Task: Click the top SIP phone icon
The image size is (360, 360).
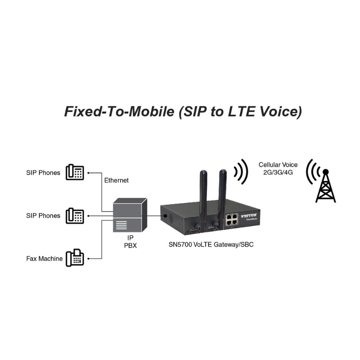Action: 75,172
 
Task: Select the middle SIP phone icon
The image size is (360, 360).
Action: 75,216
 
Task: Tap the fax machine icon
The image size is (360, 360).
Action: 75,258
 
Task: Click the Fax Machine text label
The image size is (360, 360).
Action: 44,259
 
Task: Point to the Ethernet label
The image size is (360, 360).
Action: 117,180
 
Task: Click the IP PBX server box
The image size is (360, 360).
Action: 130,215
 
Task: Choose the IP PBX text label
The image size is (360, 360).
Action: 130,242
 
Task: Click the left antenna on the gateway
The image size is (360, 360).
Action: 203,200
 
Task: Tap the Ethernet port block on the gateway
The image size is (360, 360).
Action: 232,220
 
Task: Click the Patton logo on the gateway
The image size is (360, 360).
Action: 249,216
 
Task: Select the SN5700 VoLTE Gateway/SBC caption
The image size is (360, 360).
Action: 211,244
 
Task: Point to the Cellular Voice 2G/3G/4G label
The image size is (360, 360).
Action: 278,168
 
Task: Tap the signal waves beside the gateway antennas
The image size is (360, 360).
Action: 241,172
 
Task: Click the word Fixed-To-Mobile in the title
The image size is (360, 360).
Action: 119,112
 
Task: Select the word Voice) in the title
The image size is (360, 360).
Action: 281,112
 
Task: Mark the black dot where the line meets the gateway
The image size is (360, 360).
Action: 165,216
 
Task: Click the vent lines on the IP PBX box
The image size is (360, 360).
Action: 121,225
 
